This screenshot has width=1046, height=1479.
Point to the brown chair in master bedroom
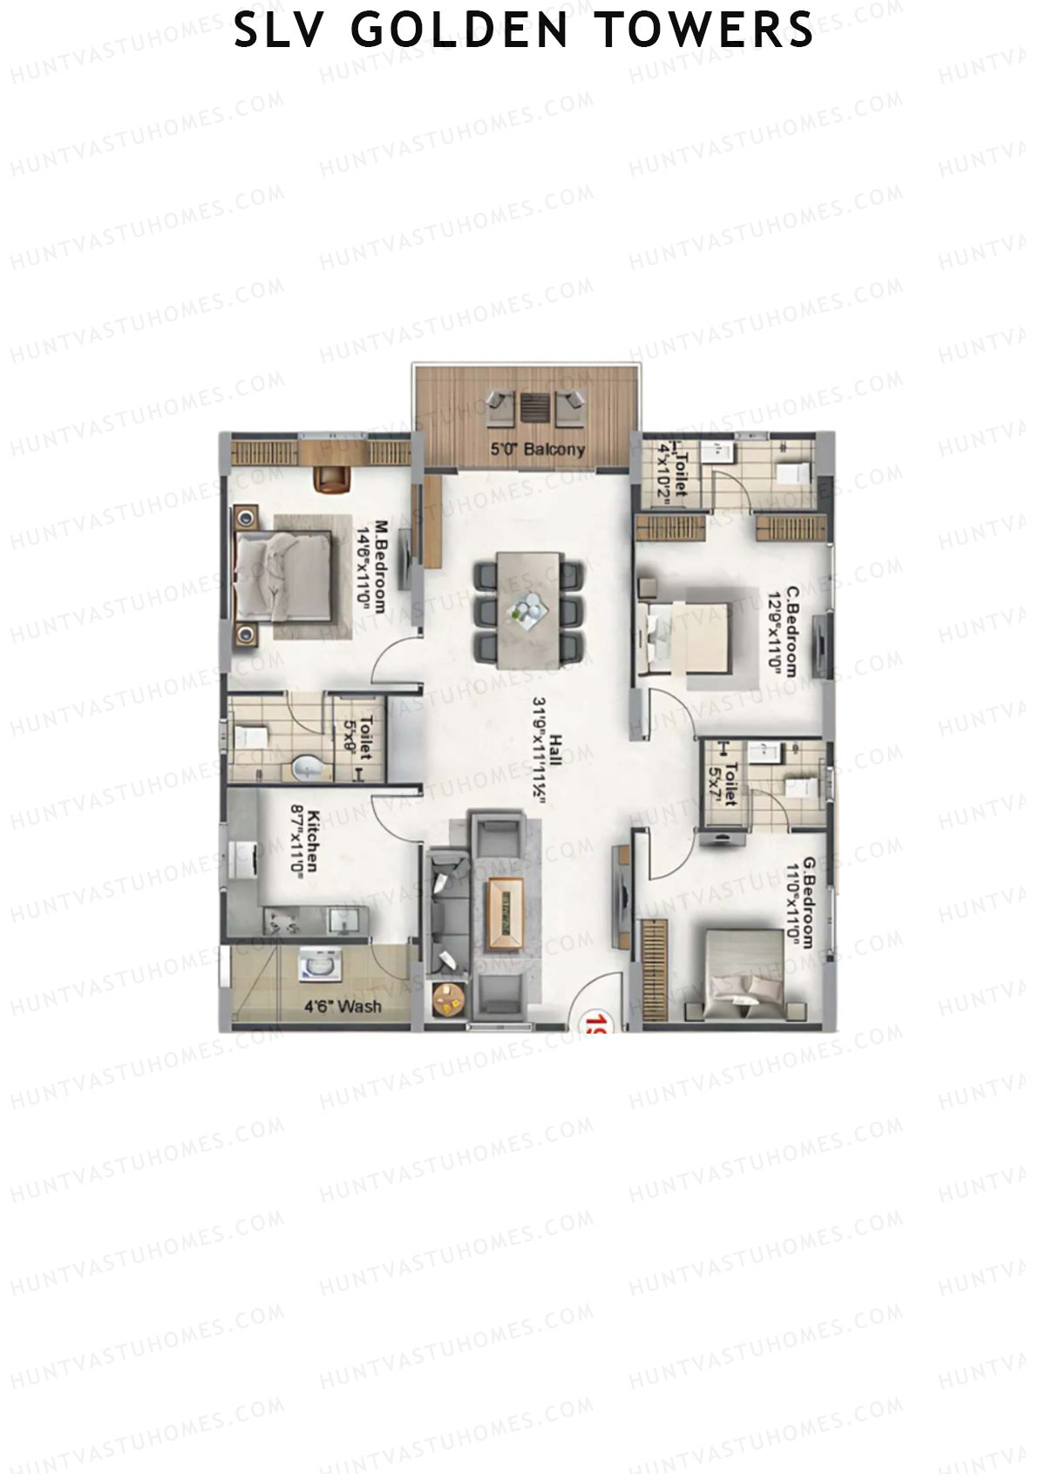[332, 478]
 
